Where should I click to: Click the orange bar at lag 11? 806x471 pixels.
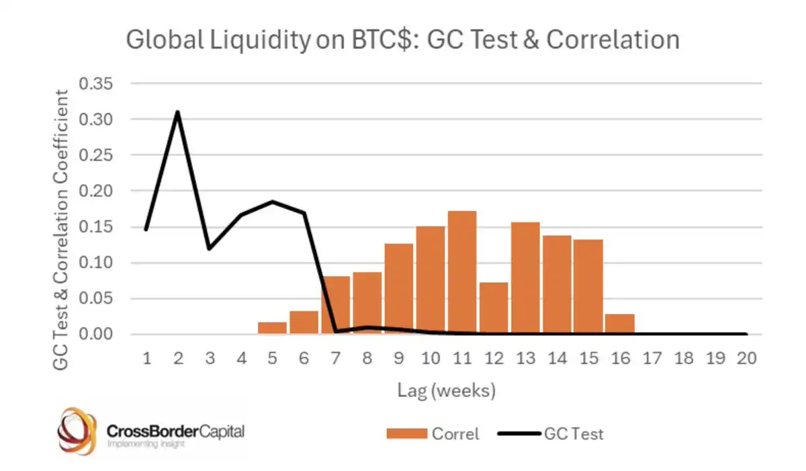click(x=462, y=273)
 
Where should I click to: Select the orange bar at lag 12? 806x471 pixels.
click(x=494, y=308)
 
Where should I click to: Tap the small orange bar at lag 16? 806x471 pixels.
click(x=619, y=324)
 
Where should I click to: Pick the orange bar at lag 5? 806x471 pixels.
click(x=272, y=328)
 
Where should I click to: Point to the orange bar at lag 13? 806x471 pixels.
click(x=525, y=278)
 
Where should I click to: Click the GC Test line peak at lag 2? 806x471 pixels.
click(x=177, y=112)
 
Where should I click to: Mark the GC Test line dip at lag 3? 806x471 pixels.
click(x=210, y=249)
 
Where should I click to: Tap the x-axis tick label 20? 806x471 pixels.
click(x=746, y=358)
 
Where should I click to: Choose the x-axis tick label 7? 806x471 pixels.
click(x=335, y=358)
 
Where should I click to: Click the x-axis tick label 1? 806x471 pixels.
click(x=146, y=358)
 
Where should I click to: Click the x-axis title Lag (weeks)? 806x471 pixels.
click(x=446, y=390)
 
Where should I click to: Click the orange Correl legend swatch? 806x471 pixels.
click(x=406, y=434)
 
